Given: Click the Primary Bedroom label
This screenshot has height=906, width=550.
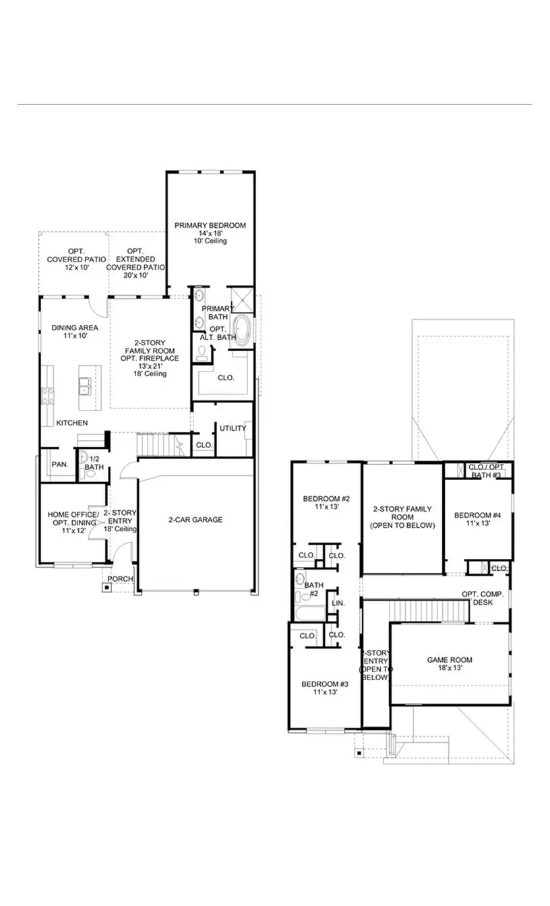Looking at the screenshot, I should pos(210,233).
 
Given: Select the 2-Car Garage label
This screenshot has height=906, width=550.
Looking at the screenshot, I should pos(195,520).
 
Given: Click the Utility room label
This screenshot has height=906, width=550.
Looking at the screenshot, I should pos(233,428).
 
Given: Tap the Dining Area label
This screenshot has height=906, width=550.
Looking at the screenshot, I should pos(75,332).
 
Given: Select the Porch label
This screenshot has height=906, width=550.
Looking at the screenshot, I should pos(121,579).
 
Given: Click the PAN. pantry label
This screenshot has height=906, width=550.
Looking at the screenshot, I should pos(58,464).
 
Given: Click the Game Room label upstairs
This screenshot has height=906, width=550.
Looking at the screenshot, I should pos(450,665).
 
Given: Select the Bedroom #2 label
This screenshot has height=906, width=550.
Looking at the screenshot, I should pos(326,504).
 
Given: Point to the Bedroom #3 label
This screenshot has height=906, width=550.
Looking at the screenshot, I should pos(325,687).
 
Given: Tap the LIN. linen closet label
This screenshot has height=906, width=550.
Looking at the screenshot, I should pos(338,603).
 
